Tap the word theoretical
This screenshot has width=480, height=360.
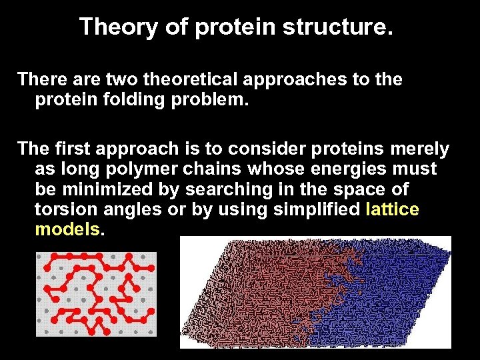click(x=172, y=79)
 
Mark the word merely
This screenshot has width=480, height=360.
click(x=418, y=149)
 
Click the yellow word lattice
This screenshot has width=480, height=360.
click(x=393, y=210)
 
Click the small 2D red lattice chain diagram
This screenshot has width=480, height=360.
click(x=96, y=293)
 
